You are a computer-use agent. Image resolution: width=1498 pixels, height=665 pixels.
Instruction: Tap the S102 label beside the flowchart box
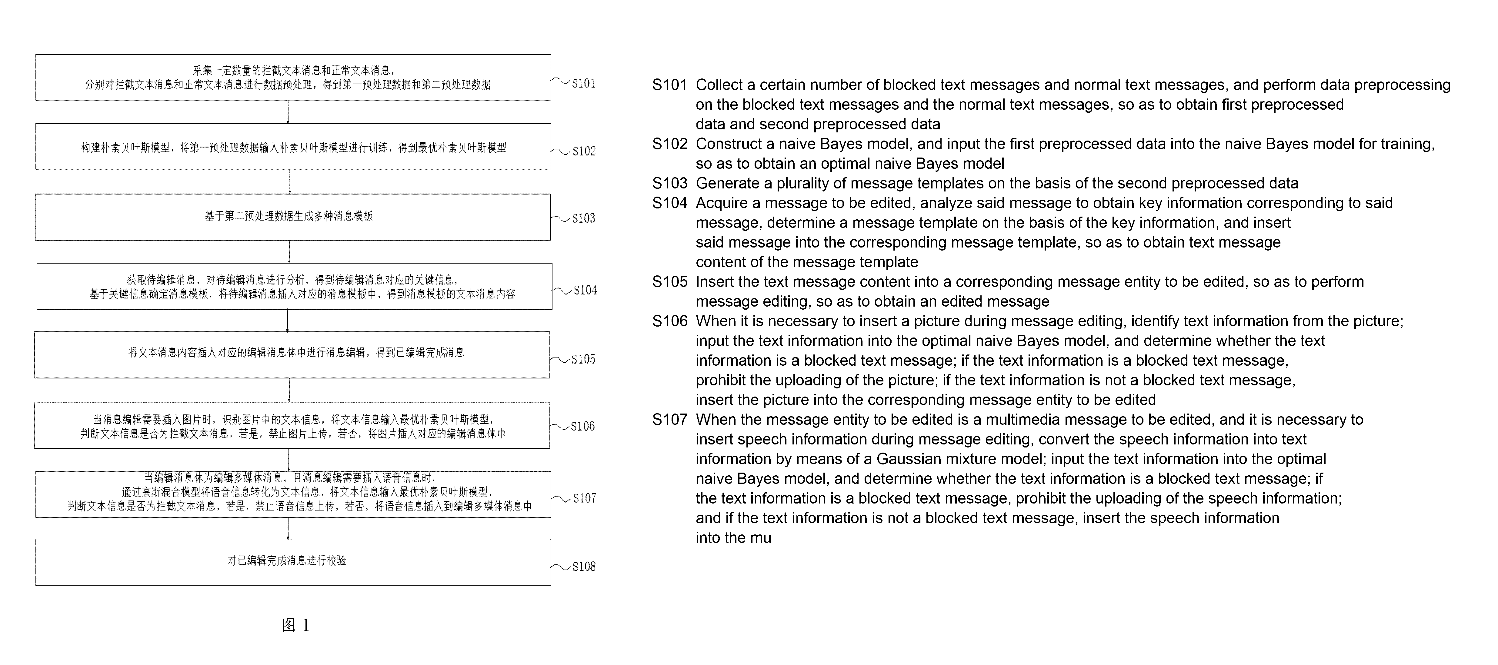[584, 151]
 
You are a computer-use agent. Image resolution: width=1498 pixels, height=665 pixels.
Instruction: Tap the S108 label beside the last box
[584, 567]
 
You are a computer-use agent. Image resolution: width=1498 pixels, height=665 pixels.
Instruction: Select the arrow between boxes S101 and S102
[289, 112]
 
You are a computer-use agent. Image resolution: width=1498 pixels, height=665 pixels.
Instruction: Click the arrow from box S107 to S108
[289, 528]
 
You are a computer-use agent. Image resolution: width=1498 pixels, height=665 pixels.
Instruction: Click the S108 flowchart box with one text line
[293, 562]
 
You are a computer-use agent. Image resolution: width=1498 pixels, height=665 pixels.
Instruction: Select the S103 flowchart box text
[289, 216]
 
